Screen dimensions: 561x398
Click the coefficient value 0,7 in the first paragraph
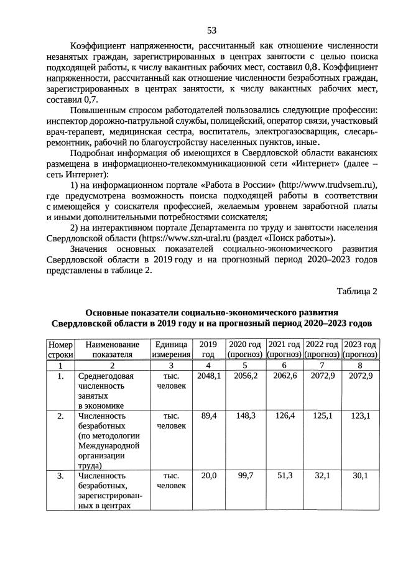click(x=91, y=99)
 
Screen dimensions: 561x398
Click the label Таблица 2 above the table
click(x=357, y=291)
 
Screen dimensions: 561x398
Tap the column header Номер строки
click(x=61, y=349)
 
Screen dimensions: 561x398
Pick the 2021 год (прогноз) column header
click(x=284, y=349)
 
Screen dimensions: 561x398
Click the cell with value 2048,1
click(x=208, y=377)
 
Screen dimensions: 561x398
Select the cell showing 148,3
click(x=246, y=415)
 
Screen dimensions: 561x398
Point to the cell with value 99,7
click(x=246, y=476)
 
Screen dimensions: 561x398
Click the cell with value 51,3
click(x=284, y=476)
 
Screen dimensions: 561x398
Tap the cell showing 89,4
click(x=208, y=415)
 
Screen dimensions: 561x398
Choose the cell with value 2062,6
click(x=284, y=377)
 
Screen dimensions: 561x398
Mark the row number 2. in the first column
click(x=61, y=415)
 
